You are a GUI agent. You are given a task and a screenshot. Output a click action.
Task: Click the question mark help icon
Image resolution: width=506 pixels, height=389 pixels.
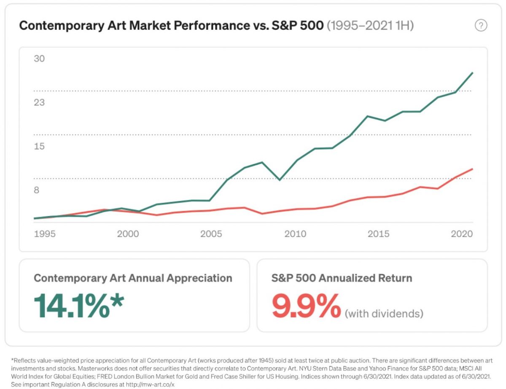click(481, 26)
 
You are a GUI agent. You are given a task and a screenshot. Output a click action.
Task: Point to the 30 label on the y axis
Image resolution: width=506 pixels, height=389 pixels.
click(39, 59)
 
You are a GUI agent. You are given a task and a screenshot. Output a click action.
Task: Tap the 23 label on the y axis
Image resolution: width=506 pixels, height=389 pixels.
click(39, 102)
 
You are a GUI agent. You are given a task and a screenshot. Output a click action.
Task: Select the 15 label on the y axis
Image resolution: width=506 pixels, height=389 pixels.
click(39, 146)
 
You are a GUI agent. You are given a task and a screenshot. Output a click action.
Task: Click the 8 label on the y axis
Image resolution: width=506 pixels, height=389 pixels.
click(37, 190)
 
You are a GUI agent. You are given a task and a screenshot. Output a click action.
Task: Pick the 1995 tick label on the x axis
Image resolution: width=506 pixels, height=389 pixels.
click(44, 234)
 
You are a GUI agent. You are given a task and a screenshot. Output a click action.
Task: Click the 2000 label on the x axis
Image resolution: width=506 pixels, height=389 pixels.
click(128, 234)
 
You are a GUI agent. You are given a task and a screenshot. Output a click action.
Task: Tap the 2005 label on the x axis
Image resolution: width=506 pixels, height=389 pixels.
click(211, 234)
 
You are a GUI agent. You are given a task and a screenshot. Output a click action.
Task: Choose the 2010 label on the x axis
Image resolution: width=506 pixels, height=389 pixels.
click(295, 234)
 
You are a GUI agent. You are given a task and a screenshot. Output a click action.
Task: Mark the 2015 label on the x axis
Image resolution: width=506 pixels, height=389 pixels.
click(379, 234)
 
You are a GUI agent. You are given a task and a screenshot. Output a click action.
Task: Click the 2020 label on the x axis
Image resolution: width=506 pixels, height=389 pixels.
click(461, 234)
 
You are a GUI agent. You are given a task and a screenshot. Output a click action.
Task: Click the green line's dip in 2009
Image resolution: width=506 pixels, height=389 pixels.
click(279, 180)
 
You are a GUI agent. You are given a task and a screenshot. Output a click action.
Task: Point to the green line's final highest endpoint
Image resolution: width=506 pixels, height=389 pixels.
click(472, 73)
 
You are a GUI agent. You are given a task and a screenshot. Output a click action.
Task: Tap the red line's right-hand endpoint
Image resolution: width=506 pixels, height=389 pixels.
click(472, 169)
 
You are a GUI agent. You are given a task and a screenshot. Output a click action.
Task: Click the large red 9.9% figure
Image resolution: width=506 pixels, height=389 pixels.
click(306, 306)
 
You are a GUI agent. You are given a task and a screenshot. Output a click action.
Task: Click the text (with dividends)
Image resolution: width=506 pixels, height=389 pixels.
click(384, 314)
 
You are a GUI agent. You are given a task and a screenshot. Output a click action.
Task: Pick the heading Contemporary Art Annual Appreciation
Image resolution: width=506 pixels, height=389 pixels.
click(133, 278)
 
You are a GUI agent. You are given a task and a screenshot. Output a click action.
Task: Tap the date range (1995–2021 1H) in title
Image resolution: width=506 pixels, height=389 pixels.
click(370, 26)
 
